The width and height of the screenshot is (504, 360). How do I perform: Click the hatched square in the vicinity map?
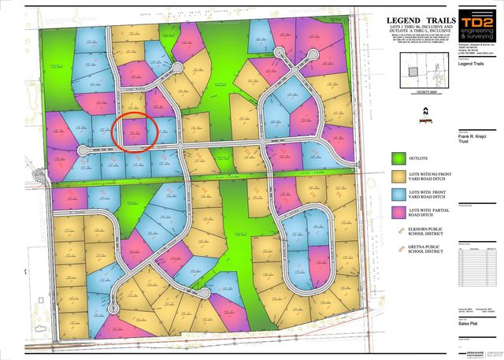click(414, 72)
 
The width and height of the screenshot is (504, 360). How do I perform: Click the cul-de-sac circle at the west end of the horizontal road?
click(82, 150)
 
